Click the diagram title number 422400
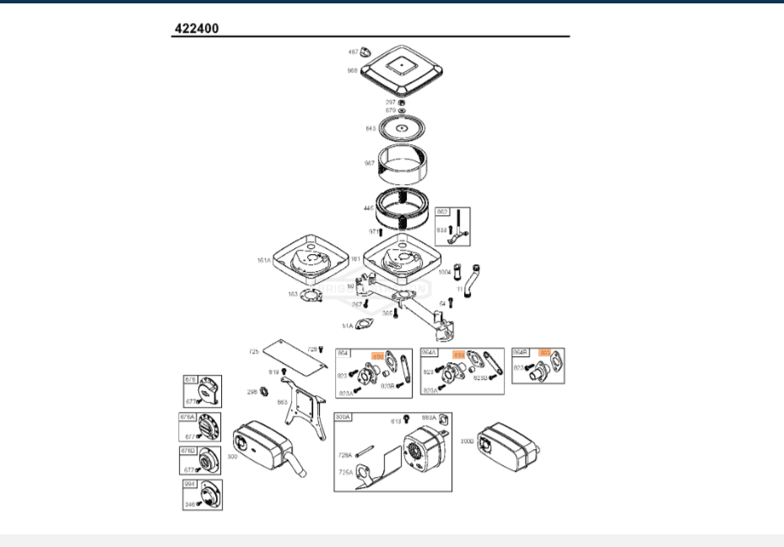click(197, 28)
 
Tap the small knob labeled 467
click(366, 52)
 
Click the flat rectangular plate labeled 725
click(293, 353)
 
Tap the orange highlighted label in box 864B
click(545, 353)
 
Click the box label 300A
click(343, 417)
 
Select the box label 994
click(190, 485)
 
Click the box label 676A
click(187, 416)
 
